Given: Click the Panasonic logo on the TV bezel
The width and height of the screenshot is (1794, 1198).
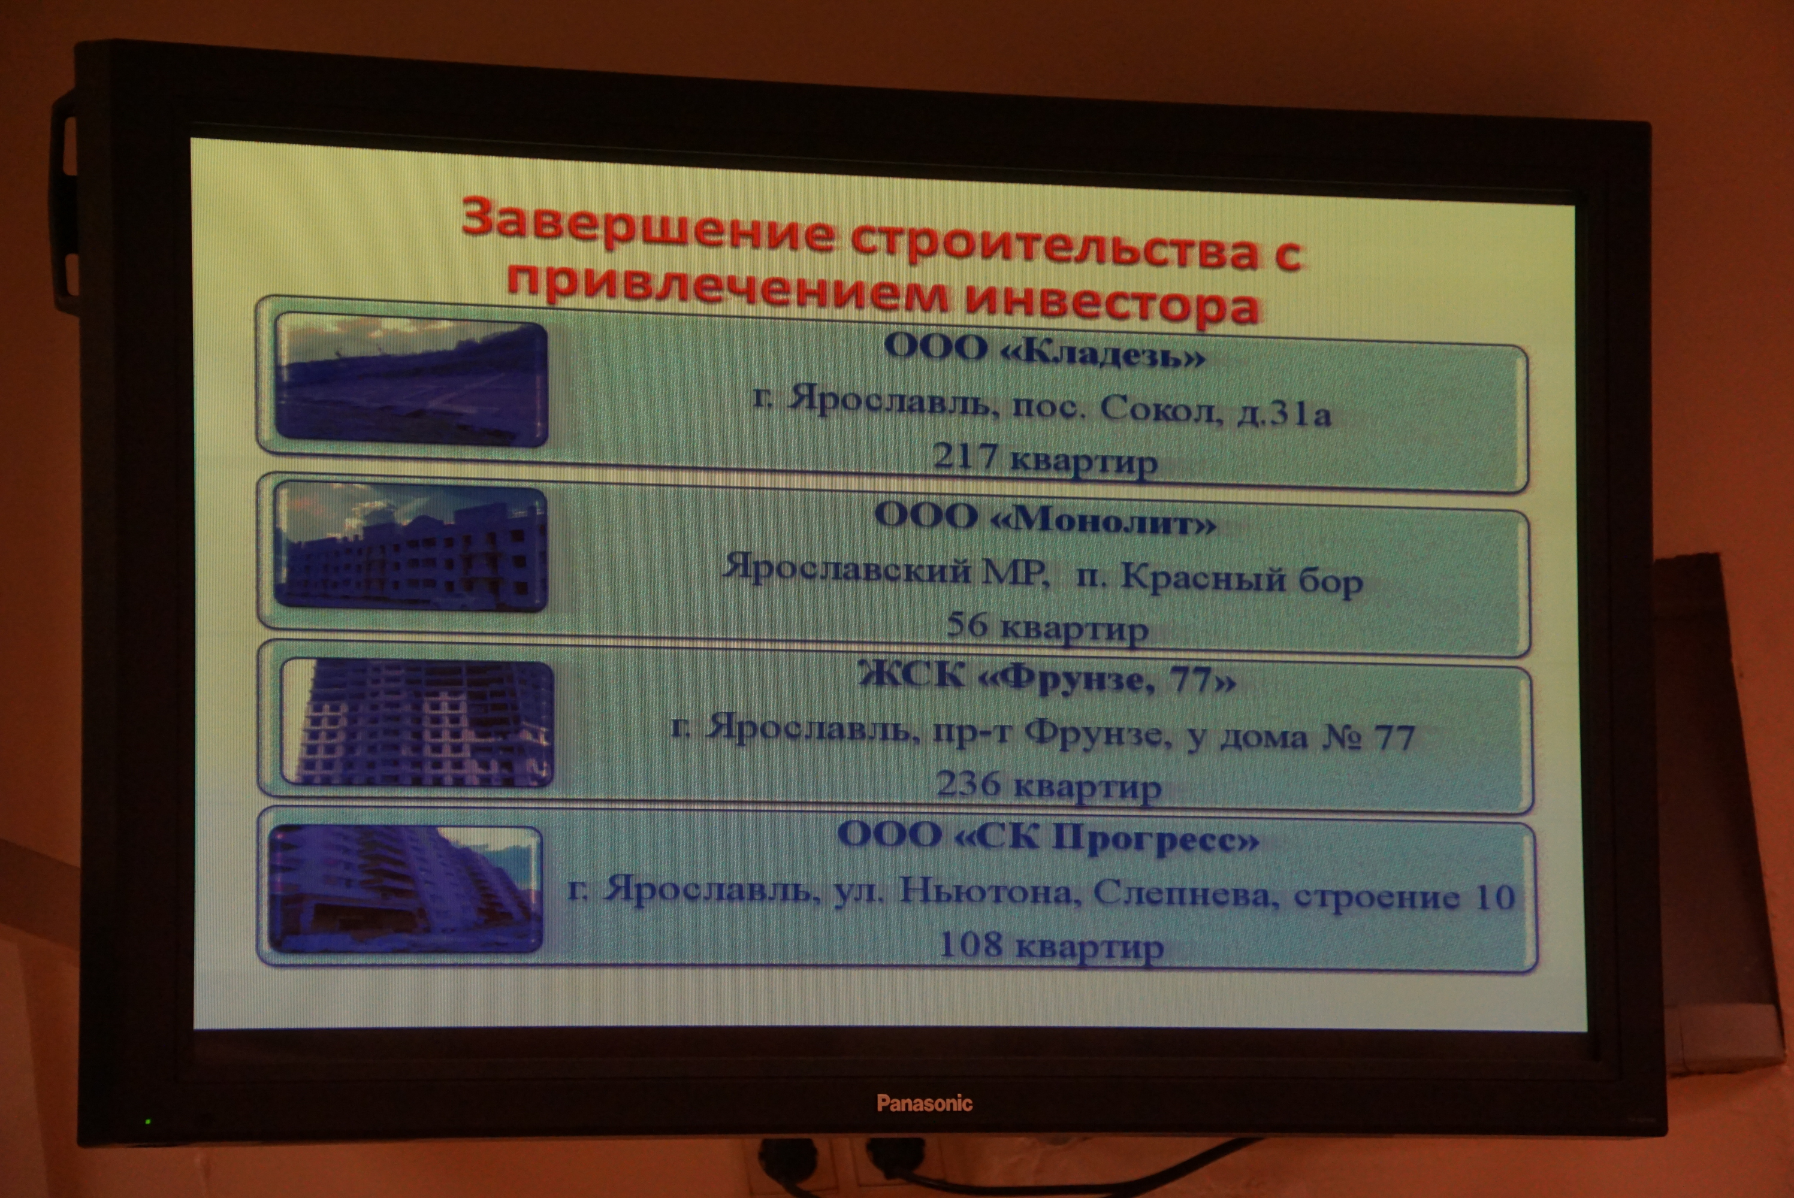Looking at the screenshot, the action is coord(925,1103).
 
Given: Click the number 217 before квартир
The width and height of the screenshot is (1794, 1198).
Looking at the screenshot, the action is coord(965,457).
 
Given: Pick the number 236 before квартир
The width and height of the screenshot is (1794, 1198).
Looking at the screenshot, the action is coord(968,784).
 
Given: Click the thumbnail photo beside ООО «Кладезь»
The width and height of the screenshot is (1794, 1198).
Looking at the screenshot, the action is coord(411,380).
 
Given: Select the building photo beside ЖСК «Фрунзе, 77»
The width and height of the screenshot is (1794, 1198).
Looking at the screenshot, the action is coord(416,722).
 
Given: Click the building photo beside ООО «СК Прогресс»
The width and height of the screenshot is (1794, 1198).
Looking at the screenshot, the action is coord(406,888).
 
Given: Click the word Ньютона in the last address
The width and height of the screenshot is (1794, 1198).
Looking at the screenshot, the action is coord(989,892).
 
